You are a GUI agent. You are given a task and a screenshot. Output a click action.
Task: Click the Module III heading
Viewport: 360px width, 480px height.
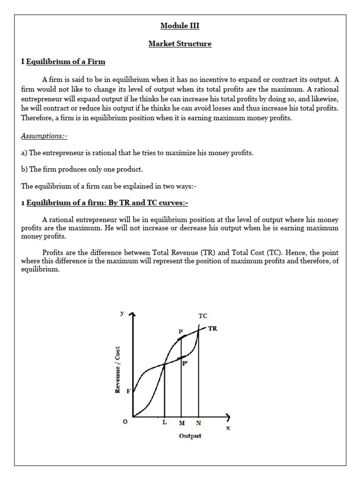point(180,26)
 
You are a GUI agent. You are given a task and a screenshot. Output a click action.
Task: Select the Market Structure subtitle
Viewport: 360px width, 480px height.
point(180,44)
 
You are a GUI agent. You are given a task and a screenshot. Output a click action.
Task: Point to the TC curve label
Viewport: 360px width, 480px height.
point(202,316)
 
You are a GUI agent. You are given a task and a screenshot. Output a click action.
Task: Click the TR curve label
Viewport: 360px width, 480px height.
point(212,329)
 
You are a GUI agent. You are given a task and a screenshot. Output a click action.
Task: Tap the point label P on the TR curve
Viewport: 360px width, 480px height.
point(180,331)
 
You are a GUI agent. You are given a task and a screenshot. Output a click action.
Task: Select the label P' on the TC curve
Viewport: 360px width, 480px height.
point(186,367)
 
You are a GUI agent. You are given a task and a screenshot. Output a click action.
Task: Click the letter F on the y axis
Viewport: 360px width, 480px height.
point(128,391)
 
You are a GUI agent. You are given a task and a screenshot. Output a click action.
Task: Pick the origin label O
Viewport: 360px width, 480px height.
point(125,422)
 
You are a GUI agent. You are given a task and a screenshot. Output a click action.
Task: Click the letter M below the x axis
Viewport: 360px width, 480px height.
point(181,423)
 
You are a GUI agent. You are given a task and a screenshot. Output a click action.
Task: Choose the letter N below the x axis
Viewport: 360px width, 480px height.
point(199,423)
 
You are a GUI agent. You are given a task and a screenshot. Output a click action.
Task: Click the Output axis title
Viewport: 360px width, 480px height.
point(190,436)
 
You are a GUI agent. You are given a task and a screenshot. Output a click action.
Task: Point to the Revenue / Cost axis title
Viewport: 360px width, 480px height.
point(118,370)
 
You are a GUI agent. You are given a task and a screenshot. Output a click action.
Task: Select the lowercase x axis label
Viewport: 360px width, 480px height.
point(228,427)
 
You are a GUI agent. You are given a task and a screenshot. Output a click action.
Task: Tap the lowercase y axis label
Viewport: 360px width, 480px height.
point(122,313)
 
